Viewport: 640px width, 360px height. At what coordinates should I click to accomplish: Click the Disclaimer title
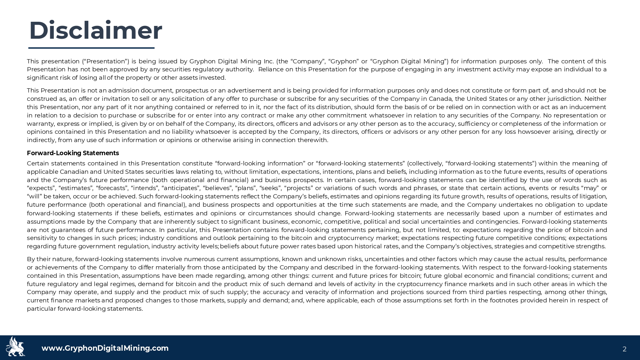pos(95,31)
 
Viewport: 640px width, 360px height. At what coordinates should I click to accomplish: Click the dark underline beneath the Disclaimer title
pos(92,48)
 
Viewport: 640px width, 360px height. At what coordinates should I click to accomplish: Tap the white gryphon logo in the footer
pos(15,347)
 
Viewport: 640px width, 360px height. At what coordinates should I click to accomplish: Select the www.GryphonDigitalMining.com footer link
pos(105,348)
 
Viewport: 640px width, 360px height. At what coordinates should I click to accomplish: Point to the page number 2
pos(624,349)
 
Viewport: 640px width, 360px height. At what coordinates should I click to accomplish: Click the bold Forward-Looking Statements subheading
pos(73,153)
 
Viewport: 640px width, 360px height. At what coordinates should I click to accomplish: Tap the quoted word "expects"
pos(41,188)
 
